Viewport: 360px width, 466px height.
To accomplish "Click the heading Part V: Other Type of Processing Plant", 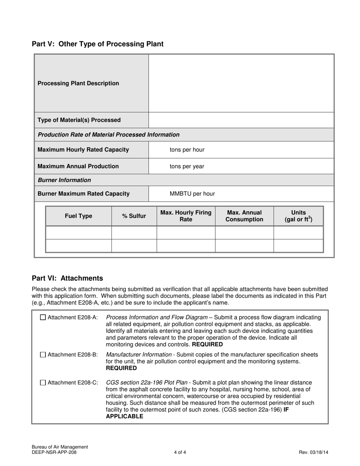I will click(x=97, y=44).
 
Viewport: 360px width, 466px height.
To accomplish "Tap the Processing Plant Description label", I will click(x=78, y=83).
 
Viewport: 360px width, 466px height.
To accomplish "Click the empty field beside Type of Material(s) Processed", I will click(x=241, y=120).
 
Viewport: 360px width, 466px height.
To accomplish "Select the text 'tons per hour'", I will click(x=187, y=150).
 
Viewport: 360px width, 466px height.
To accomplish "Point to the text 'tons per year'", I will click(x=187, y=166).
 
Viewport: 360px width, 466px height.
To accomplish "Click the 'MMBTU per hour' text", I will click(x=192, y=194).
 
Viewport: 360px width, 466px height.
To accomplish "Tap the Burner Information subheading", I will click(x=64, y=180).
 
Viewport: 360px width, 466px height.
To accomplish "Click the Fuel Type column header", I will click(x=78, y=216).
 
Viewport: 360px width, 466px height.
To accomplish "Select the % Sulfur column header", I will click(x=134, y=216).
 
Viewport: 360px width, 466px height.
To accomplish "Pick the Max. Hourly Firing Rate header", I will click(x=186, y=216).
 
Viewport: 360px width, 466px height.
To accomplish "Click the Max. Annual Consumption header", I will click(x=244, y=216).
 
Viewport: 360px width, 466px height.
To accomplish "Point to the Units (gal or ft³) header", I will click(x=298, y=216).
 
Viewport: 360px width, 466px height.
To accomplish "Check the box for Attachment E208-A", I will click(x=43, y=317).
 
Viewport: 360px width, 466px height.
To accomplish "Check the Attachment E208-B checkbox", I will click(x=43, y=355).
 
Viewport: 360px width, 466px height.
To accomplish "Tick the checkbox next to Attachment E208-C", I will click(x=43, y=383).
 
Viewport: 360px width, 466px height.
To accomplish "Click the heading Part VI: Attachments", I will click(x=67, y=278).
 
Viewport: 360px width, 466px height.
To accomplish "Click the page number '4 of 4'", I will click(x=180, y=452).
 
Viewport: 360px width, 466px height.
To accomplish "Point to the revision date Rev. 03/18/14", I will click(x=313, y=452).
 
